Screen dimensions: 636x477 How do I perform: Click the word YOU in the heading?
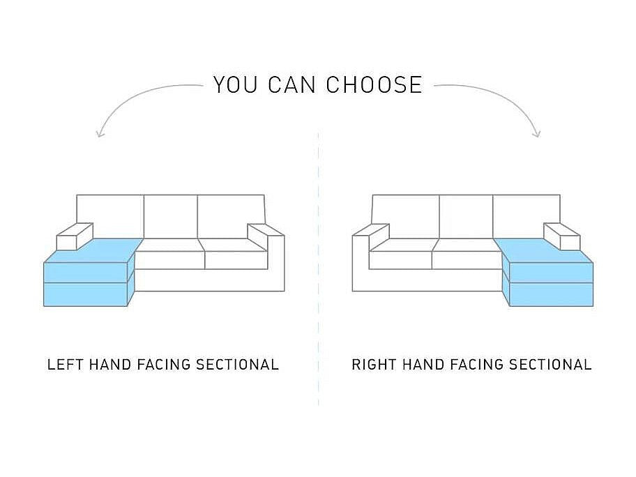tap(236, 85)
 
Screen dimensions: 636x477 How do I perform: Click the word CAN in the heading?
tap(291, 85)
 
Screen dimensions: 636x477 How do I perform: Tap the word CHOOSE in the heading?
tap(374, 85)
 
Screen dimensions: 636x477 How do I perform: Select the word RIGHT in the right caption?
tap(374, 364)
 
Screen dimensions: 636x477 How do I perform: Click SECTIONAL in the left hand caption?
tap(237, 364)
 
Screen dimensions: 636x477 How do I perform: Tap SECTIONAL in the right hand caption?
tap(550, 364)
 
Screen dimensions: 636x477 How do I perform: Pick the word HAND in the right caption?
tap(423, 364)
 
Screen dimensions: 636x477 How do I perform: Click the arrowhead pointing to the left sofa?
tap(100, 133)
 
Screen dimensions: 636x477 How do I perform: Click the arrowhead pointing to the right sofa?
tap(537, 133)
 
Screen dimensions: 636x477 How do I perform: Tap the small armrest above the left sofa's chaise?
tap(75, 236)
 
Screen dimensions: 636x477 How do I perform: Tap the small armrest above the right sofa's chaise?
tap(562, 236)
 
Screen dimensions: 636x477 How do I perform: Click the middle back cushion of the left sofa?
tap(171, 217)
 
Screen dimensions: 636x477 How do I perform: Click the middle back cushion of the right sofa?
tap(466, 217)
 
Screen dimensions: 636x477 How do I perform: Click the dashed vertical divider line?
tap(319, 268)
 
